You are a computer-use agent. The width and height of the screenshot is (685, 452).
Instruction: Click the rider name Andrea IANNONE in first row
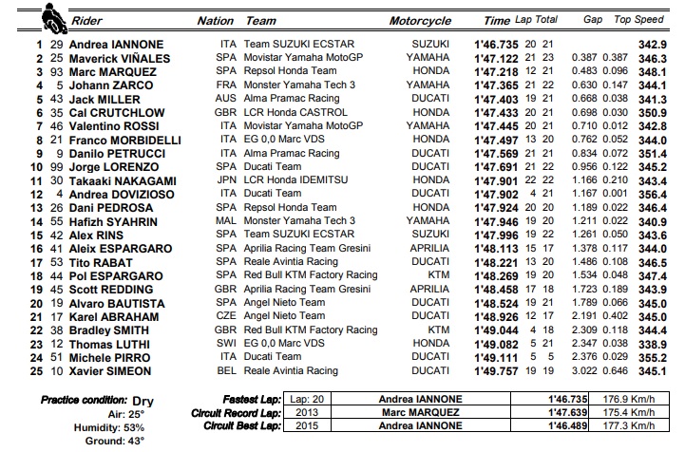click(x=120, y=45)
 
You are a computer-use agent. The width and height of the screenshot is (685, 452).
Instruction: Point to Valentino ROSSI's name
click(x=115, y=125)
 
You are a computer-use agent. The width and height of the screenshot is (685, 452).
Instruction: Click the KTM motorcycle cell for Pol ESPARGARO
click(x=438, y=275)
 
